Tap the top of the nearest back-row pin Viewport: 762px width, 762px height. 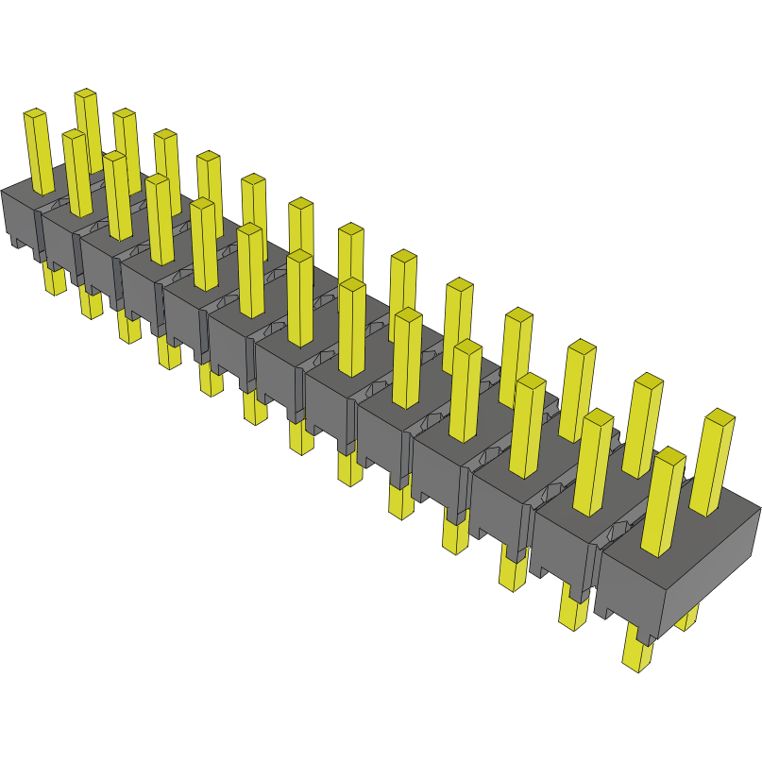coord(720,416)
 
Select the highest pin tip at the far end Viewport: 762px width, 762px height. coord(86,94)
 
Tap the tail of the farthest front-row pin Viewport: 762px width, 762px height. coord(56,279)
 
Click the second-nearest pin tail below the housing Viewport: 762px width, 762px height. coord(573,609)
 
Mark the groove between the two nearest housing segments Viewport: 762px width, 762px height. coord(598,567)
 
